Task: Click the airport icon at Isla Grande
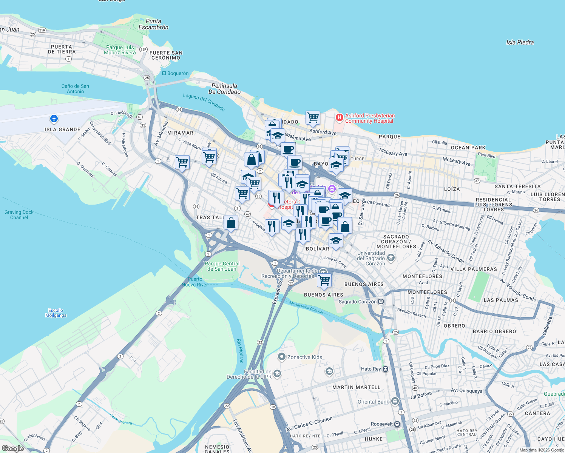(54, 119)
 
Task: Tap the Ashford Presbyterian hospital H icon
(339, 118)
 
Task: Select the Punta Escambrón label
(153, 24)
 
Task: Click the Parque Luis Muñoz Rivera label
(120, 50)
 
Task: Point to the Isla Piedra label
(520, 42)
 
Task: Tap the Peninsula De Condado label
(224, 89)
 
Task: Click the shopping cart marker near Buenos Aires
(324, 280)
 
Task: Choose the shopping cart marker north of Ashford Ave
(313, 117)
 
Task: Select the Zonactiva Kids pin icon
(281, 356)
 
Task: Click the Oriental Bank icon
(395, 401)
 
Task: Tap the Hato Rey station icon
(385, 369)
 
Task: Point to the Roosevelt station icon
(397, 424)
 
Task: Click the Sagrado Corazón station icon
(381, 301)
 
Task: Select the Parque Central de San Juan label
(222, 266)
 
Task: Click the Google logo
(13, 448)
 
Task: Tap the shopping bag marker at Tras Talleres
(231, 223)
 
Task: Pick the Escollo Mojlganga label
(56, 313)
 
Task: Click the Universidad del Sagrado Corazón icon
(391, 257)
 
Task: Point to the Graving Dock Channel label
(19, 215)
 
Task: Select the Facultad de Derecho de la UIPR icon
(277, 374)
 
